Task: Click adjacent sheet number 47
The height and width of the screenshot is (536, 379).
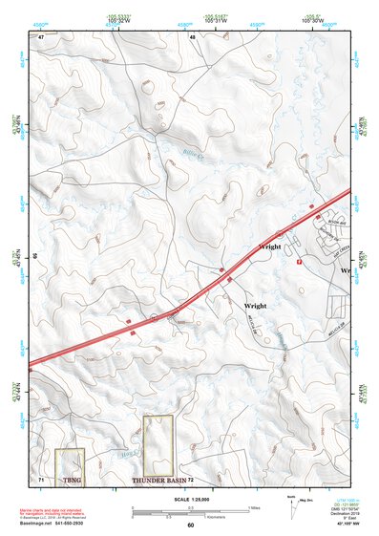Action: pos(41,36)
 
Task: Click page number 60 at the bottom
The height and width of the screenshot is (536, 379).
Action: pos(190,525)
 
